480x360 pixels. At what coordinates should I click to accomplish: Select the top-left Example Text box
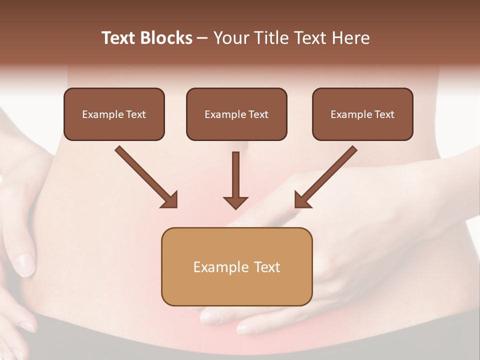114,114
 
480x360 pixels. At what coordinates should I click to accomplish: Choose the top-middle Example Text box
236,114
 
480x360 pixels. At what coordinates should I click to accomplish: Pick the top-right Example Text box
362,114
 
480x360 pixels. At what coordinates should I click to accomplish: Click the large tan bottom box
236,266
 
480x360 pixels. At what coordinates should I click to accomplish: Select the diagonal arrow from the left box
145,175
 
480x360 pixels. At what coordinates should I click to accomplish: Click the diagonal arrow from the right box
327,175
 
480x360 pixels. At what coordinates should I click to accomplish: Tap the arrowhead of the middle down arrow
235,202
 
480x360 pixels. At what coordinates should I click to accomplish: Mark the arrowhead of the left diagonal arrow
170,200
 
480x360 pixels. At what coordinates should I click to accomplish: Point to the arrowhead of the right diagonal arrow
302,200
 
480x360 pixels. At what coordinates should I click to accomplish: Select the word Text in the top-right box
384,114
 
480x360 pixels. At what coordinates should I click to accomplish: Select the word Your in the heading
230,38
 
